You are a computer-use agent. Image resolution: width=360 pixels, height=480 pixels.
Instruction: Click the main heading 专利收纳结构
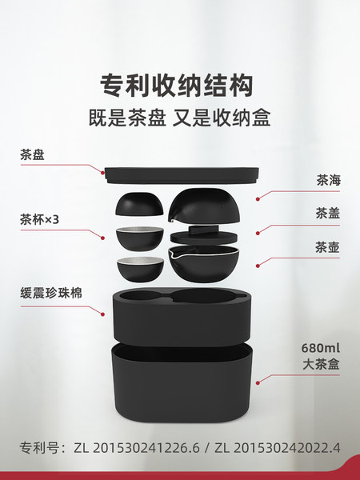point(177,86)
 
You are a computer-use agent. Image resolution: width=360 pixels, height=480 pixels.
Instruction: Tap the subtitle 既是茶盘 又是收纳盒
point(179,118)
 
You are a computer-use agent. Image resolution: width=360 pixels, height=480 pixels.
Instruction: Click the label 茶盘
point(32,154)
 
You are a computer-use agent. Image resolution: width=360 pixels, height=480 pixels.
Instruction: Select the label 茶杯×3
point(39,219)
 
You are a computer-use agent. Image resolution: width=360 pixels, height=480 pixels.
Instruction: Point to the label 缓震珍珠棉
point(51,293)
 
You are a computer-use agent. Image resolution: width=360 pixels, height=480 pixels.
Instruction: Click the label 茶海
point(328,180)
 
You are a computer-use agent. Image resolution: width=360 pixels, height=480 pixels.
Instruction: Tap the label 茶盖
point(328,214)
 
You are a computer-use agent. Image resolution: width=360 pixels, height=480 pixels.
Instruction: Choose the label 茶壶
point(327,247)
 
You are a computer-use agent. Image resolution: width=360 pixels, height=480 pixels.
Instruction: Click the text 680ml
point(321,348)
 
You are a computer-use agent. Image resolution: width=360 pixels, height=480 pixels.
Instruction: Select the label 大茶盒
point(321,364)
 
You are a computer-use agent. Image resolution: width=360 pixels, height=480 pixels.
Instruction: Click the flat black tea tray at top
point(182,175)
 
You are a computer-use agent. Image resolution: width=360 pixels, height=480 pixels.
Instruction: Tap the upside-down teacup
point(139,204)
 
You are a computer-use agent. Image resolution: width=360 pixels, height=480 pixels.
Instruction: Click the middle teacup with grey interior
point(139,238)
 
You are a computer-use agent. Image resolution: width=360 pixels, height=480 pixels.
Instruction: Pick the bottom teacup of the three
point(140,270)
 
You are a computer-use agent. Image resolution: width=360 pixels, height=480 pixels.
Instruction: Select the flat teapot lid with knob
point(204,235)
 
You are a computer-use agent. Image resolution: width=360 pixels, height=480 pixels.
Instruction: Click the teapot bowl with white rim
point(203,263)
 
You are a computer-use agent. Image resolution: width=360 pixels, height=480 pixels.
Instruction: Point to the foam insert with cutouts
point(182,317)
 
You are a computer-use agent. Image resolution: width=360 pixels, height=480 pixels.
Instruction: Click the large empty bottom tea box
point(182,382)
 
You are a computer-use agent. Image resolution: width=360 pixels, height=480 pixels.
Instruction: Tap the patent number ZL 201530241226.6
point(137,448)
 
